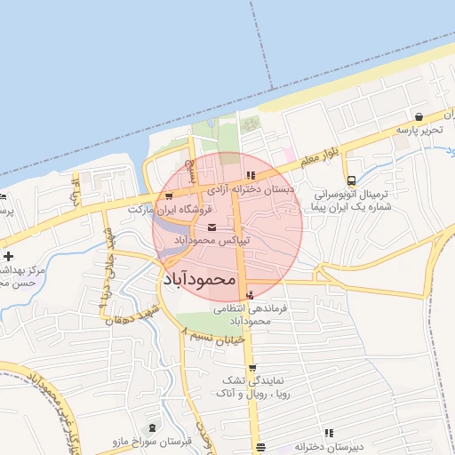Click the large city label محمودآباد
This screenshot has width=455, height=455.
tap(202, 278)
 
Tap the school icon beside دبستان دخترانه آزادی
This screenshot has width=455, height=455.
tap(251, 175)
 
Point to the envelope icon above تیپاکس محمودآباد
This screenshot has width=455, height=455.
tap(211, 227)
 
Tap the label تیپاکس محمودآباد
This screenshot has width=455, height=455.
tap(212, 241)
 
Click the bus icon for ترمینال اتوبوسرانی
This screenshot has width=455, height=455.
tap(352, 180)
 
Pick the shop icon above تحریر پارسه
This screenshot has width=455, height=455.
tap(419, 116)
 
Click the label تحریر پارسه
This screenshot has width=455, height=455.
tap(418, 131)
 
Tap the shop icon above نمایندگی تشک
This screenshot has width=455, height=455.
tap(252, 368)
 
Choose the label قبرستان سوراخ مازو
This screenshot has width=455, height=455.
tap(146, 442)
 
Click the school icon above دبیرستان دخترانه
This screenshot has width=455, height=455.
tap(328, 434)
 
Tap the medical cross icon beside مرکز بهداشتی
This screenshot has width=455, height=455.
tap(8, 256)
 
